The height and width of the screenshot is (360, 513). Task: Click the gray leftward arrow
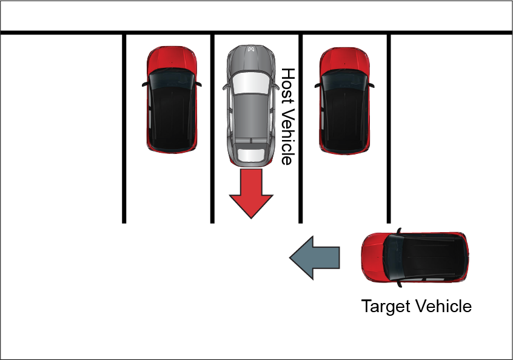pyautogui.click(x=315, y=258)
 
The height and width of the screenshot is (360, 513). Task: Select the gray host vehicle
pyautogui.click(x=251, y=105)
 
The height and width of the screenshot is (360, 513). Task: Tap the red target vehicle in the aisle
pyautogui.click(x=415, y=258)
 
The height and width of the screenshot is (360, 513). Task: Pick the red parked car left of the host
pyautogui.click(x=172, y=99)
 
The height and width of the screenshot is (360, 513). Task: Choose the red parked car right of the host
pyautogui.click(x=344, y=101)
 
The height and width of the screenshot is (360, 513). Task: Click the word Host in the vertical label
pyautogui.click(x=288, y=86)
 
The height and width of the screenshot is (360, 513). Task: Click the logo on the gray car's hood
pyautogui.click(x=251, y=49)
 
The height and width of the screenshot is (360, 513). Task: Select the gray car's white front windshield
pyautogui.click(x=251, y=83)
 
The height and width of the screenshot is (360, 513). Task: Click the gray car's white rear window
pyautogui.click(x=251, y=155)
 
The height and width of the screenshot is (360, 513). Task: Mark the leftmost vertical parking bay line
pyautogui.click(x=124, y=128)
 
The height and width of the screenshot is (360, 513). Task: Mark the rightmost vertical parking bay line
pyautogui.click(x=389, y=128)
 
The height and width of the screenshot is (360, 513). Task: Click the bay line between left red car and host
pyautogui.click(x=212, y=128)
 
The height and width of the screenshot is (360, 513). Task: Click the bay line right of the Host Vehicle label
pyautogui.click(x=301, y=128)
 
